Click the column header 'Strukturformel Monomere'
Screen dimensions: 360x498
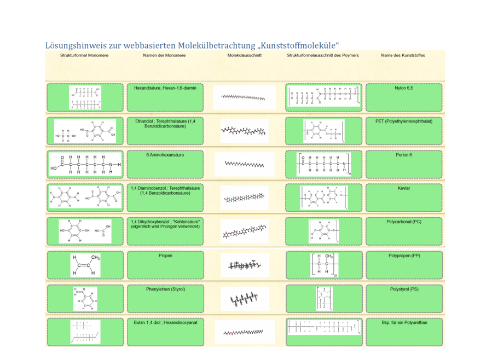pos(84,55)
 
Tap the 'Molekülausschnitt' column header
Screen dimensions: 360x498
pos(244,55)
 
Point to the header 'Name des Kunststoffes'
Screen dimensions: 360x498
pos(403,55)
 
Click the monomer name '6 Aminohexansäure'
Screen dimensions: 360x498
pos(165,155)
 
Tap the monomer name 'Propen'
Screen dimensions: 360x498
pos(165,256)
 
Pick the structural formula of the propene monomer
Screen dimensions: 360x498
pos(85,264)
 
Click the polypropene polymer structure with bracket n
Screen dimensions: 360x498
pos(325,264)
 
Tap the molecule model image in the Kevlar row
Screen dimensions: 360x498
pos(244,198)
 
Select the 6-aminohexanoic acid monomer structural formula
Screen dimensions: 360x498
pos(85,164)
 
